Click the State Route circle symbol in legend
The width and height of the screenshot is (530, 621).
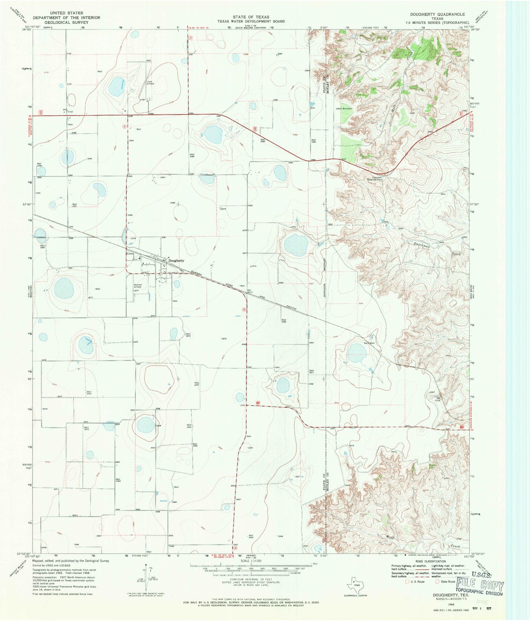[436, 581]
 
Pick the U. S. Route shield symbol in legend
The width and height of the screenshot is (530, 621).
[406, 581]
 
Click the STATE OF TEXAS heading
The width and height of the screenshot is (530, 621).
[251, 17]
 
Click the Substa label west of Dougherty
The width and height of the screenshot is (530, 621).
[130, 254]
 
